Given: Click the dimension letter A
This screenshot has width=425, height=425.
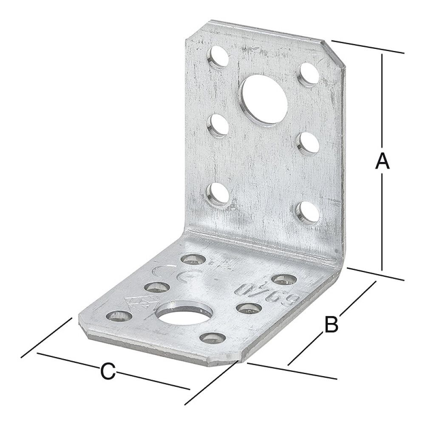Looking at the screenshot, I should pos(382,161).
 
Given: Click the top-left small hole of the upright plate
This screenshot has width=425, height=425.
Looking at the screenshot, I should pos(218,57).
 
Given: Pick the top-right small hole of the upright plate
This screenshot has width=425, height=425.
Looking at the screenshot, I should pos(309,74).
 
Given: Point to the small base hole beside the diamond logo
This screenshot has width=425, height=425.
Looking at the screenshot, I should pos(116,315).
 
